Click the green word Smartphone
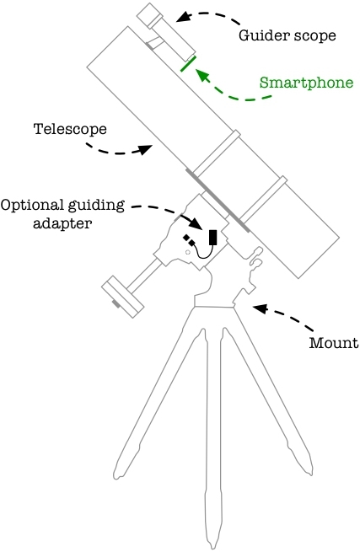305,83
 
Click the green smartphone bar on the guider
188,65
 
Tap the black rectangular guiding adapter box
213,238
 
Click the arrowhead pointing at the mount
258,308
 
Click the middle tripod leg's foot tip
212,539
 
